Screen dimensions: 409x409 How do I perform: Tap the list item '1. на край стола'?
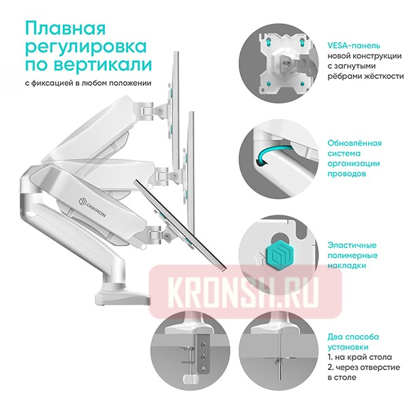tap(359, 357)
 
